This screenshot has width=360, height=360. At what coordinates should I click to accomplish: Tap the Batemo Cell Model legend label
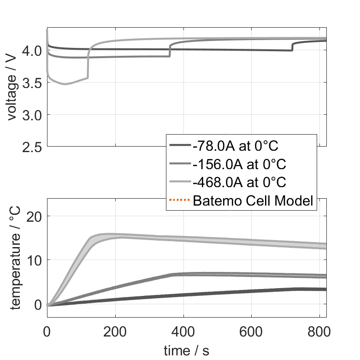(253, 201)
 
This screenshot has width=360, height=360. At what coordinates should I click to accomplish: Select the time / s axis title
(186, 351)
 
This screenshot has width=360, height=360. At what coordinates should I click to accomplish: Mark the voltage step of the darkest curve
(292, 47)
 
